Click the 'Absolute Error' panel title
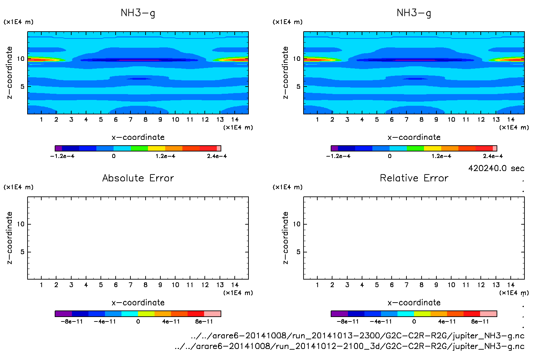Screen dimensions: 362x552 [x=138, y=178]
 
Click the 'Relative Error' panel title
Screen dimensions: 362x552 [x=414, y=178]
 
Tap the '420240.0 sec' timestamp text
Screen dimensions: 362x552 [x=496, y=168]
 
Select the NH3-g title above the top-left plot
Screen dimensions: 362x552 [x=138, y=13]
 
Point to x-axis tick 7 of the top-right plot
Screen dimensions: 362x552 [x=406, y=120]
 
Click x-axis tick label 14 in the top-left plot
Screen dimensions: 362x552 [x=235, y=120]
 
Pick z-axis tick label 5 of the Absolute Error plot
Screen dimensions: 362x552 [x=22, y=252]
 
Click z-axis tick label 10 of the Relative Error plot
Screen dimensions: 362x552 [x=297, y=224]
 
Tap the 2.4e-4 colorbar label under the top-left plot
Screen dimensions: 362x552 [x=217, y=156]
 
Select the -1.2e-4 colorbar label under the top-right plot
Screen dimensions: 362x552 [x=338, y=156]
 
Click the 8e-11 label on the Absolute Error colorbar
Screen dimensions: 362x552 [x=204, y=321]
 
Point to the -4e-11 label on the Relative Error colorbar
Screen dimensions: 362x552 [x=381, y=321]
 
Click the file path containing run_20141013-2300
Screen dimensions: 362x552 [x=358, y=336]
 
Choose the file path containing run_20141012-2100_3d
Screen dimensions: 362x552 [x=349, y=346]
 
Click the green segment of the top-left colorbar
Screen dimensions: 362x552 [x=139, y=148]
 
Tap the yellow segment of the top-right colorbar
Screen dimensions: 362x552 [x=432, y=148]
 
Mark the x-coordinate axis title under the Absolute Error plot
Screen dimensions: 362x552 [x=138, y=303]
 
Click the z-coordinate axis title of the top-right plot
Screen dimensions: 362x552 [x=285, y=73]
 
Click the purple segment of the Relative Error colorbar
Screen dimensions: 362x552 [x=339, y=314]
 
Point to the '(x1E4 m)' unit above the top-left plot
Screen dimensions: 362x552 [x=19, y=22]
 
